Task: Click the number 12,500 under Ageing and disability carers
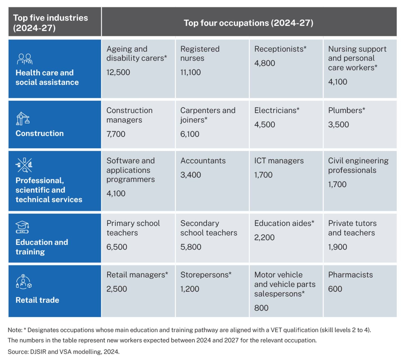[118, 72]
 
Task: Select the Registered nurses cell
[200, 53]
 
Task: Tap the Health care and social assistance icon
[25, 59]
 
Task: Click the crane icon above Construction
[23, 119]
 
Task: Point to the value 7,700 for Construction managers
[116, 134]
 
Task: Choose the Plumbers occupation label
[346, 110]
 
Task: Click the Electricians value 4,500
[264, 124]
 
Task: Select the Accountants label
[203, 161]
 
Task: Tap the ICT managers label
[279, 161]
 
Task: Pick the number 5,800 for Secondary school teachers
[191, 247]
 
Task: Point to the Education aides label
[284, 223]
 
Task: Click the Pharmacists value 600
[335, 289]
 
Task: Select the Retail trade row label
[37, 300]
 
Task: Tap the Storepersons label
[206, 275]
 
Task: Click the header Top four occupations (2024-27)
[248, 23]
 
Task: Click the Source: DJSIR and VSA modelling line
[64, 352]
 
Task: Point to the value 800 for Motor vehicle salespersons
[261, 308]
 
